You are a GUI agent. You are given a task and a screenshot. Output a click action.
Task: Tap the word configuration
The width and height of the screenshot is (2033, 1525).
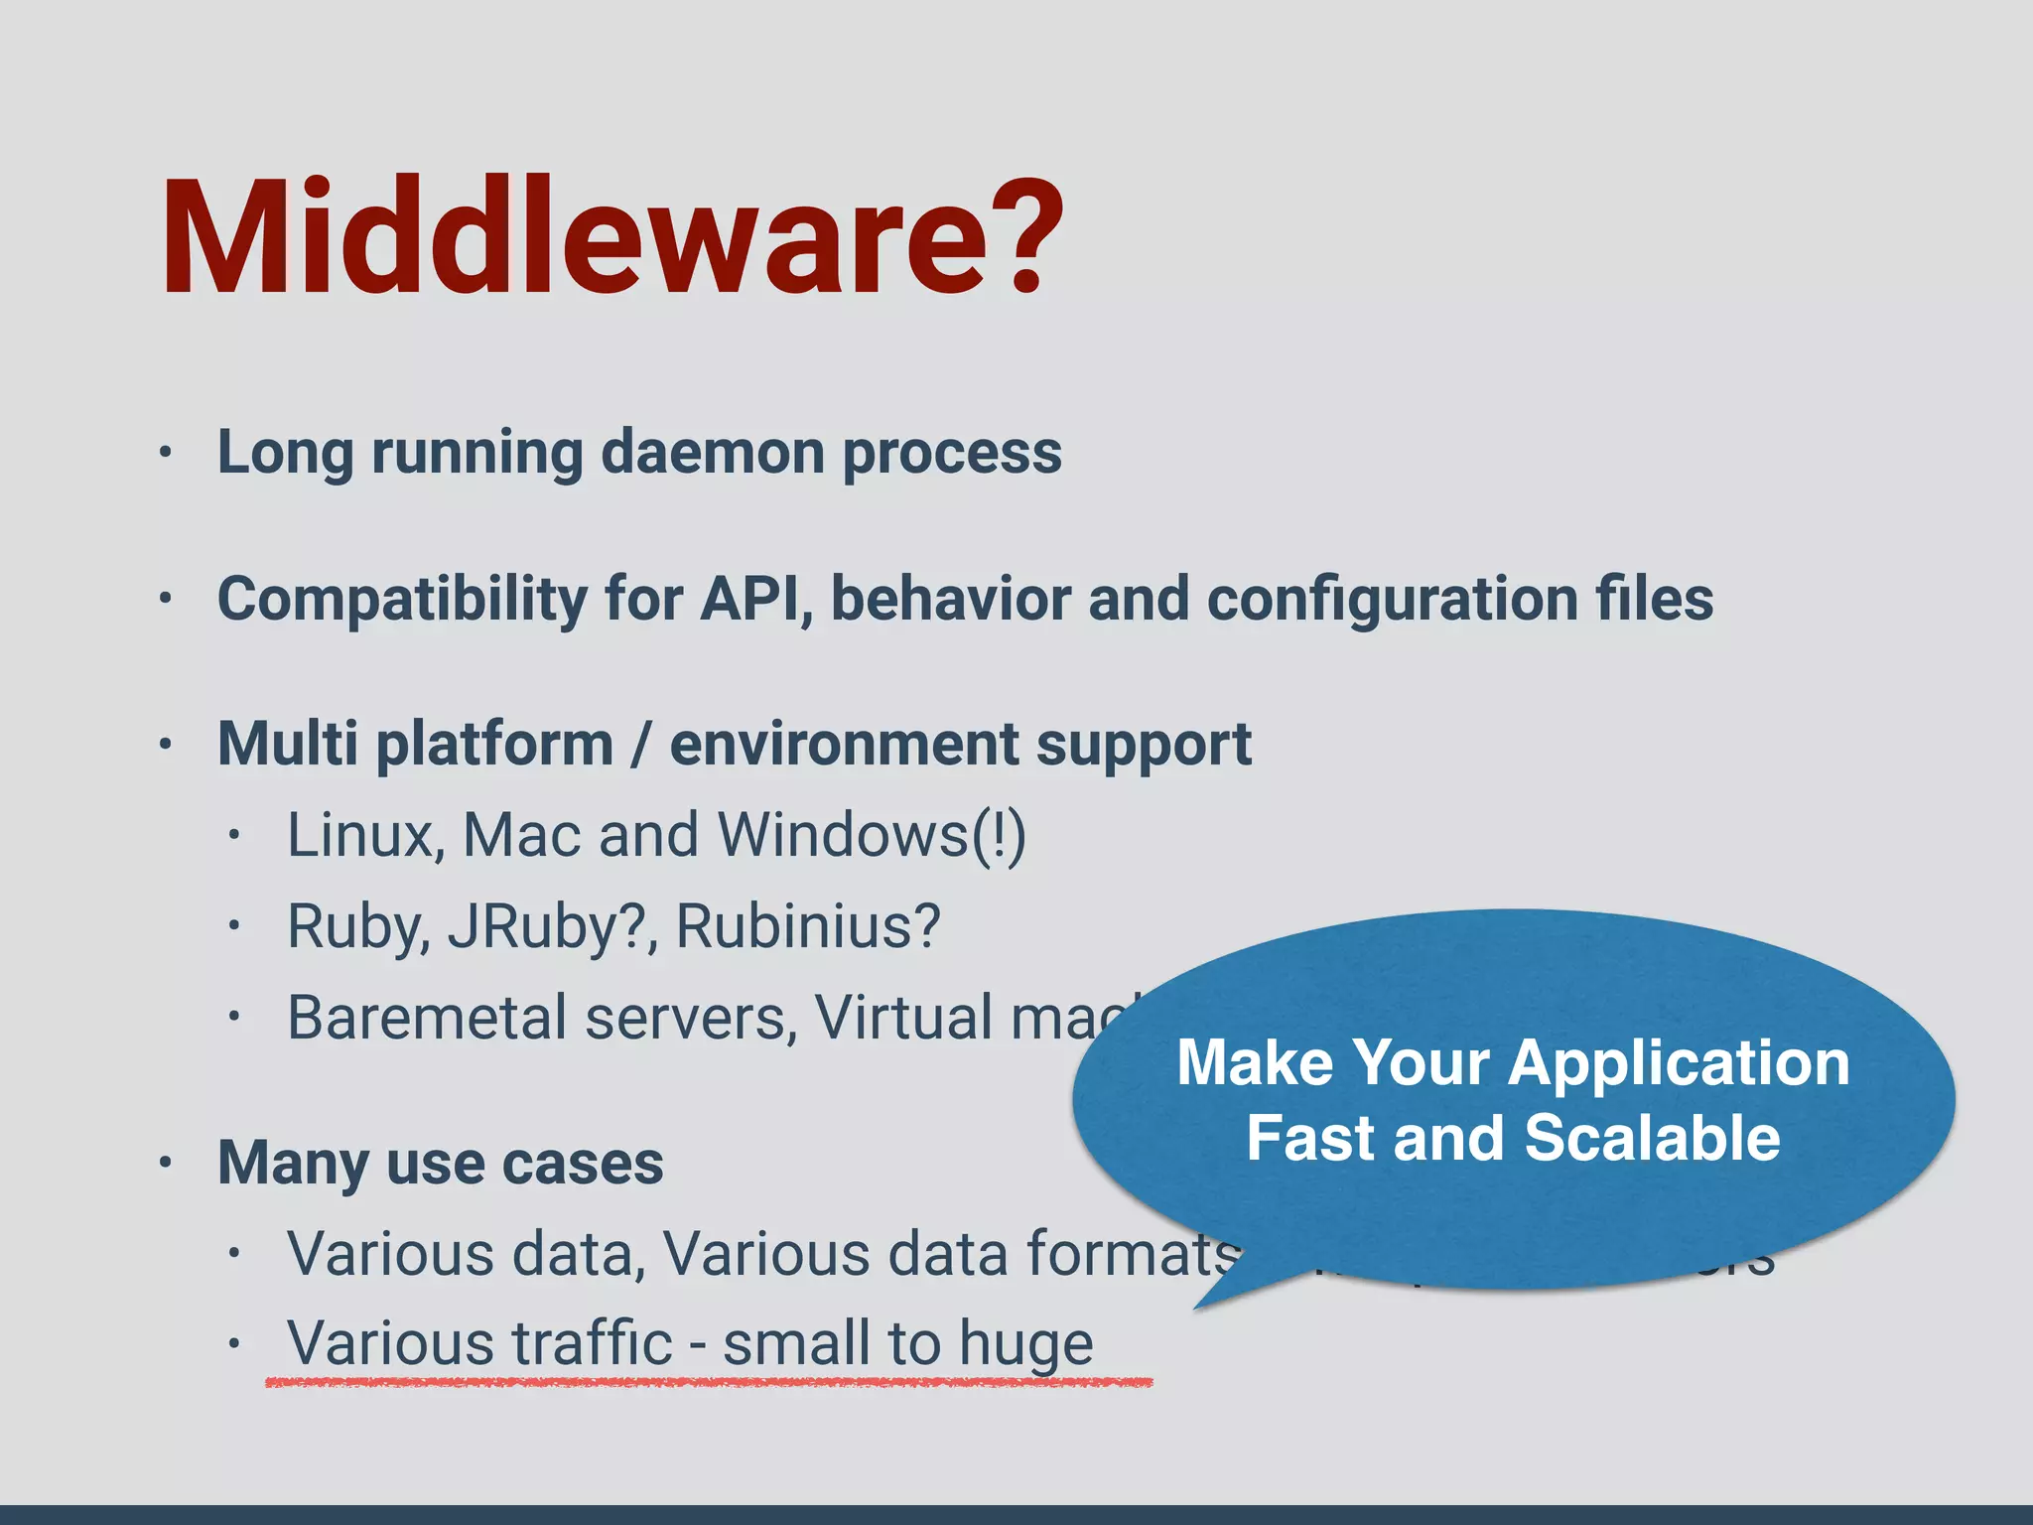1392,601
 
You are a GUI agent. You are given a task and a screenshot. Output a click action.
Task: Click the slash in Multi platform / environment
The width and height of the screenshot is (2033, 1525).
642,745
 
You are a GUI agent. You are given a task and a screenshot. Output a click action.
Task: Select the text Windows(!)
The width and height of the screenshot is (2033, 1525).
872,835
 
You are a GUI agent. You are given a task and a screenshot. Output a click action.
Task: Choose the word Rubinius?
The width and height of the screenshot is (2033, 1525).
807,926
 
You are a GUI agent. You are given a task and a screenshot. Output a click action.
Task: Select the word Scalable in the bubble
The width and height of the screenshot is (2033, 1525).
1652,1138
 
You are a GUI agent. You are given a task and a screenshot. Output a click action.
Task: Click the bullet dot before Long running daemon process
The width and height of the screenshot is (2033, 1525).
166,453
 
